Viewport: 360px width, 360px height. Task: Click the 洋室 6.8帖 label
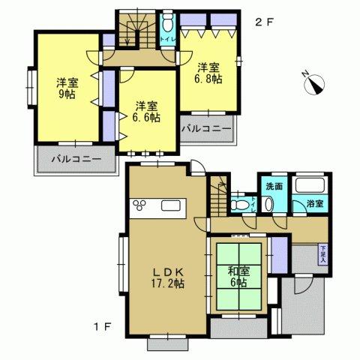208,73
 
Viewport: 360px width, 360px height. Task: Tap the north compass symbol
312,83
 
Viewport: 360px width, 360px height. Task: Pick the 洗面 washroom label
273,186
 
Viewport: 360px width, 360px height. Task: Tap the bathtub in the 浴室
308,185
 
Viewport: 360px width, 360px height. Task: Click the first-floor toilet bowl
239,202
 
